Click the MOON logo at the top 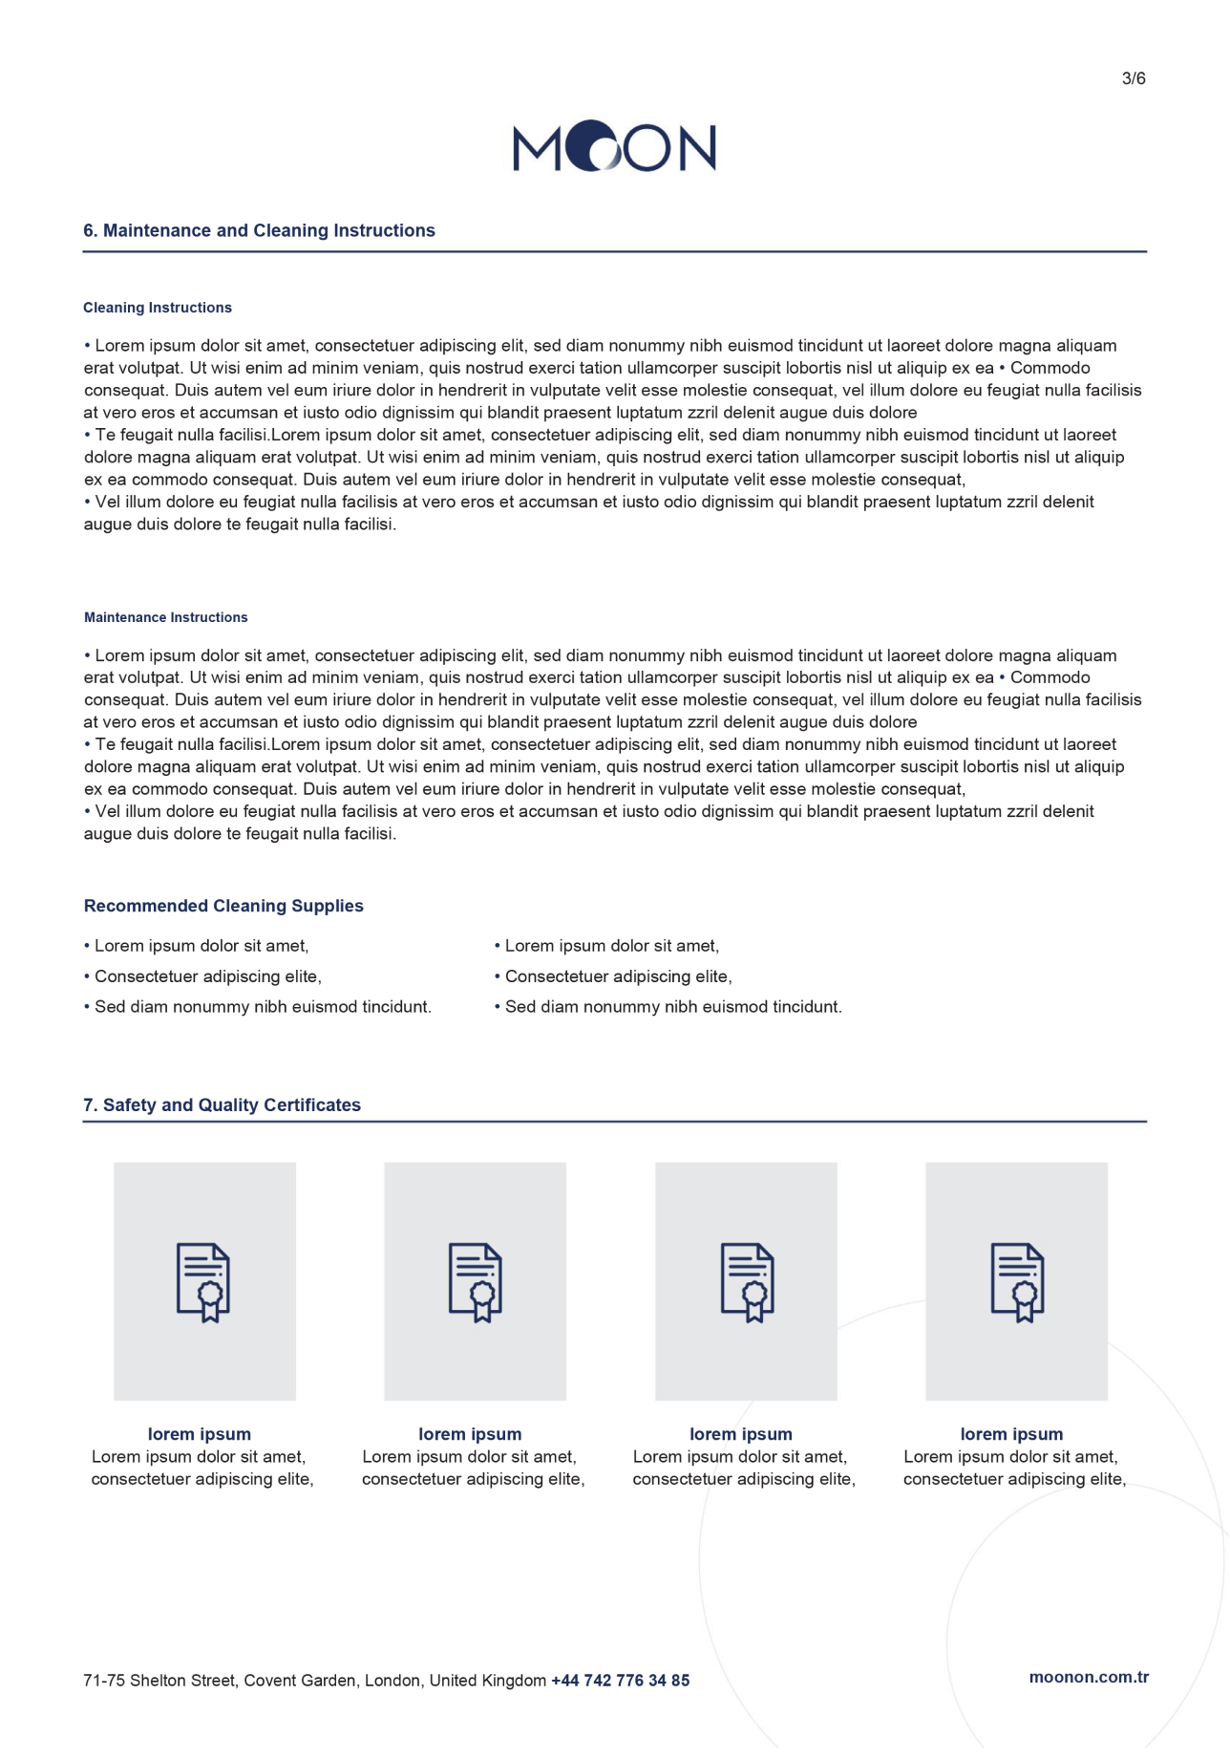614,147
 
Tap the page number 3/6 1134,78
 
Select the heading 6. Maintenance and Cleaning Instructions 259,230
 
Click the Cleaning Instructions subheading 158,308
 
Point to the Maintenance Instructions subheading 166,617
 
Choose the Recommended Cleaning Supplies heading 223,906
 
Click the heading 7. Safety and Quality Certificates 222,1104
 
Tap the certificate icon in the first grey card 203,1282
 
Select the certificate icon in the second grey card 476,1282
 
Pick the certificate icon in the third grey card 747,1282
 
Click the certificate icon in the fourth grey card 1017,1282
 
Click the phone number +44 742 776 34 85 620,1681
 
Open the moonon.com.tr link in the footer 1089,1677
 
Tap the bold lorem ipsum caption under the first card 200,1434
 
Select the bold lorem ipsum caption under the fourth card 1011,1434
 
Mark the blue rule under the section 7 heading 614,1122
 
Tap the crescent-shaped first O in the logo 590,146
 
